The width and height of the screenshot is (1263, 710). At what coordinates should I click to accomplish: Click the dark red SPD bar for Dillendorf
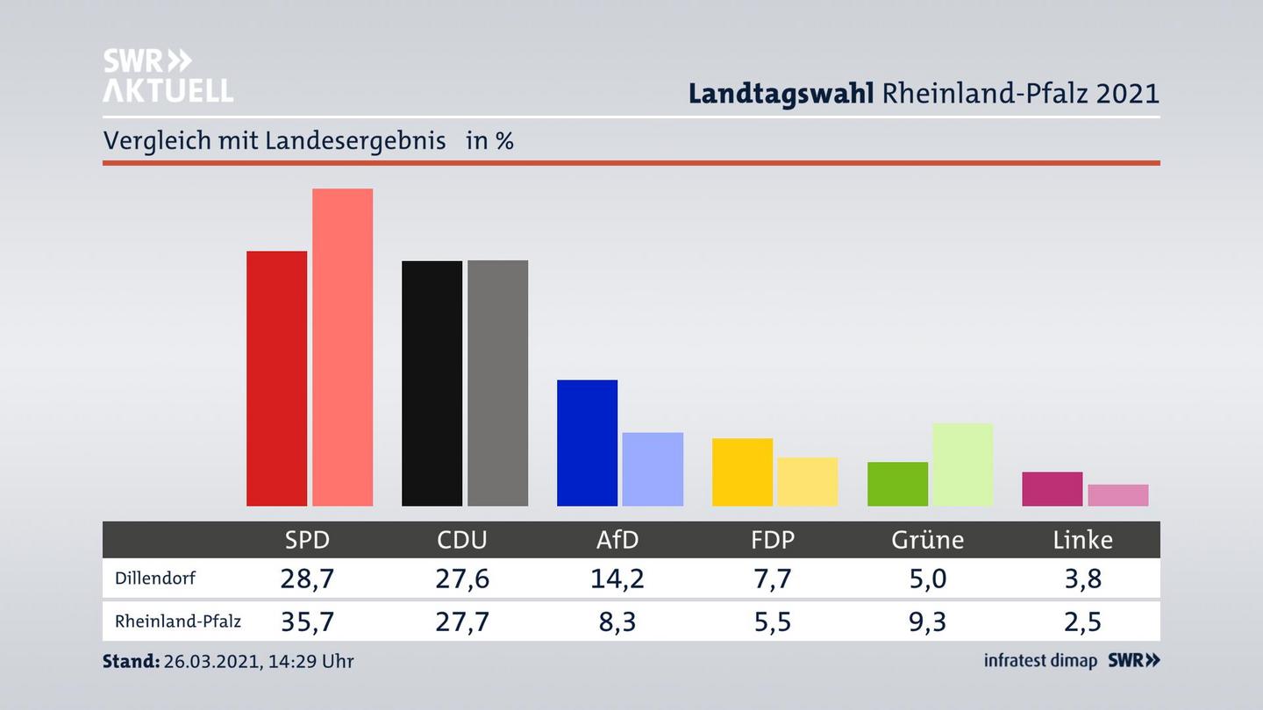click(276, 379)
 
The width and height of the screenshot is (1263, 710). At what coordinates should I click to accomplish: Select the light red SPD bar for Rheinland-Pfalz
click(342, 347)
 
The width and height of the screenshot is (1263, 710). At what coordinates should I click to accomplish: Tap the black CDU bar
click(432, 383)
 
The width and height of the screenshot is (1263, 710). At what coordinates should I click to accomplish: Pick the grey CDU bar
click(497, 383)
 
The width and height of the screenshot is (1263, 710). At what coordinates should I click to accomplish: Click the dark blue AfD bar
click(587, 443)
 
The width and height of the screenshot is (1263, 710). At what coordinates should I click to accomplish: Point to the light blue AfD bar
click(653, 469)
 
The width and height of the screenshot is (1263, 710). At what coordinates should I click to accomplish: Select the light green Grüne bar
click(962, 465)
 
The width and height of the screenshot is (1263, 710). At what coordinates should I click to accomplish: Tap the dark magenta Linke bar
click(1052, 489)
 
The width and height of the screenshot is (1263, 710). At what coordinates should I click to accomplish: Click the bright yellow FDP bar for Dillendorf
click(742, 472)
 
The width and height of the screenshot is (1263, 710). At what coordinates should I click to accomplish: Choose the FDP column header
click(773, 540)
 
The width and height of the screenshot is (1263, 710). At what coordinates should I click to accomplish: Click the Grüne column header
click(927, 540)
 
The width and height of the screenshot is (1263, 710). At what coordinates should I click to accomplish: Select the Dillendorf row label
click(155, 579)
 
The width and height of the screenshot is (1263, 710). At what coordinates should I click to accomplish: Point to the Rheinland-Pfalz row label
click(178, 621)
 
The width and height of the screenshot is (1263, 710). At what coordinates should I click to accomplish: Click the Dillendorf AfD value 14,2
click(617, 579)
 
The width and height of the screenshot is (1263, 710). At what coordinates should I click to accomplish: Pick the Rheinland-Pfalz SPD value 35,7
click(307, 621)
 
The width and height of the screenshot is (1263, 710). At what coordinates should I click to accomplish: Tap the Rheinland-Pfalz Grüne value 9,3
click(927, 621)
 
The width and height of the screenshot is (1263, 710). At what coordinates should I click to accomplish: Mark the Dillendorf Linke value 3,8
click(1082, 579)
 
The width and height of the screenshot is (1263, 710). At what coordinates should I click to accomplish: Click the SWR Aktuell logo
click(168, 75)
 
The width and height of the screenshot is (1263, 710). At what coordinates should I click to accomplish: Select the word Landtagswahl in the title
click(781, 94)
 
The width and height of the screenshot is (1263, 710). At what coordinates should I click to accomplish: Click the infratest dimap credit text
click(1040, 661)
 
